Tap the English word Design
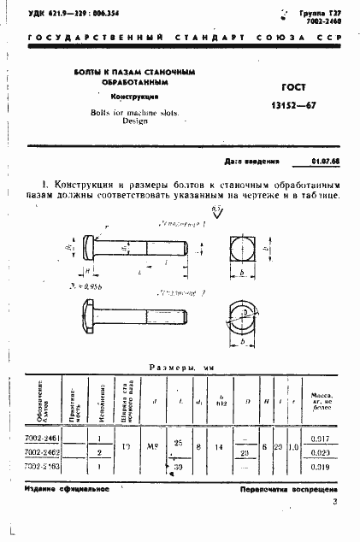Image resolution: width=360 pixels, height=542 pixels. pos(131,121)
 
